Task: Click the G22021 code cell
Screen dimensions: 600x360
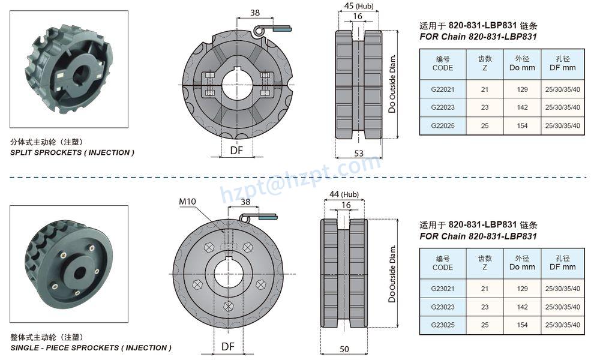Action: (443, 89)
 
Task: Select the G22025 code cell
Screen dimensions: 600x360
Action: (443, 125)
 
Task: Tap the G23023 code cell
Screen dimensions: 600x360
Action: (443, 307)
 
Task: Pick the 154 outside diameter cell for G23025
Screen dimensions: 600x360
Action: (523, 325)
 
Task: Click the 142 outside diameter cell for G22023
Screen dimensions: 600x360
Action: (523, 107)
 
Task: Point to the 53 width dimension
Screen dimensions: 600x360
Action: (359, 154)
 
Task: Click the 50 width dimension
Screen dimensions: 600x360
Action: (344, 349)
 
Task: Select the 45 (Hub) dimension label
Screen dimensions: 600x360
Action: (359, 6)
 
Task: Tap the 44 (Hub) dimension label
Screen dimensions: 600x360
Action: (344, 194)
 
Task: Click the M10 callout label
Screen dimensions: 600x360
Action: (187, 201)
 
